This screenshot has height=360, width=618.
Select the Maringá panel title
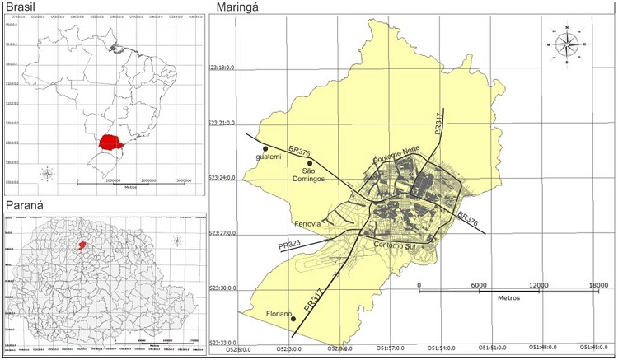[240, 7]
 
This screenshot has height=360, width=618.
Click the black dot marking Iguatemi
[265, 148]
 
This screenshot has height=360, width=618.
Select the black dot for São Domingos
[310, 163]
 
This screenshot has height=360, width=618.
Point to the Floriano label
[282, 312]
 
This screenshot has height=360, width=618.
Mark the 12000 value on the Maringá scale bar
[538, 285]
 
